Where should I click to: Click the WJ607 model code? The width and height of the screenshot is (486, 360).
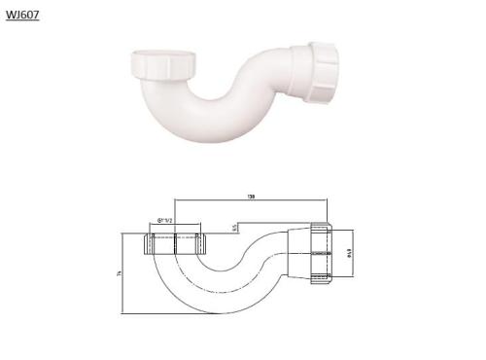(x=21, y=16)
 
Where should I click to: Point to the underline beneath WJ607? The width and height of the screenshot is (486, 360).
(x=21, y=22)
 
